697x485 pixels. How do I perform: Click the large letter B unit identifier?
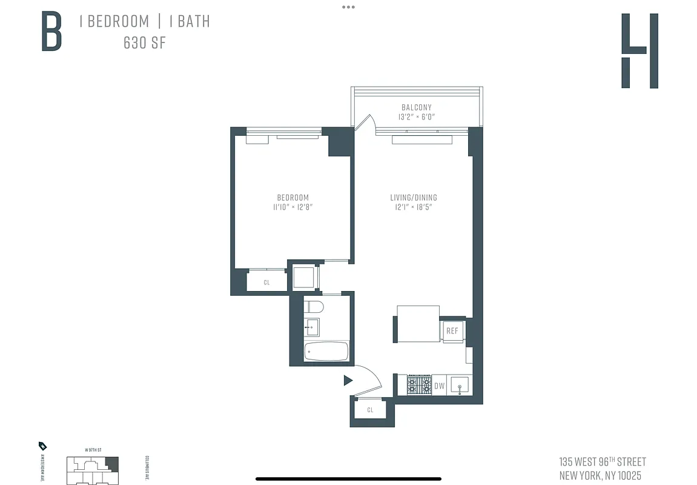tap(51, 32)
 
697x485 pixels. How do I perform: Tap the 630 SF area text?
tap(144, 43)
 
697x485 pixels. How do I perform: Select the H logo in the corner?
tap(639, 51)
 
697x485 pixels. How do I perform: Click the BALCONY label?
tap(417, 107)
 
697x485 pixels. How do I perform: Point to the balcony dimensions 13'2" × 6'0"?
tap(417, 117)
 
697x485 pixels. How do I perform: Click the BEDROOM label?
tap(293, 198)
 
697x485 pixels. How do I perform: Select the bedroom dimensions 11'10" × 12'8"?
tap(293, 207)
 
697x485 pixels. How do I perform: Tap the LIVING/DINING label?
tap(414, 198)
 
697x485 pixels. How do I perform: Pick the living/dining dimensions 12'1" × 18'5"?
tap(414, 207)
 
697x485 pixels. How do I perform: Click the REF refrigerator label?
tap(452, 331)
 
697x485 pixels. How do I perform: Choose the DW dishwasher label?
tap(440, 386)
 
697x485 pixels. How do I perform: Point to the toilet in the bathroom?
tap(314, 307)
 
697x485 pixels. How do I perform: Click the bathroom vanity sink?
tap(313, 327)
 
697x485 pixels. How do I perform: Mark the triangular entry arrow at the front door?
tap(348, 381)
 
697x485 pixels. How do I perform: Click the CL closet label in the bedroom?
tap(266, 283)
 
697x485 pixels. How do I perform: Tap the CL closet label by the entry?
tap(371, 410)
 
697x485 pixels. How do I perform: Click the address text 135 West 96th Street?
tap(603, 462)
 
